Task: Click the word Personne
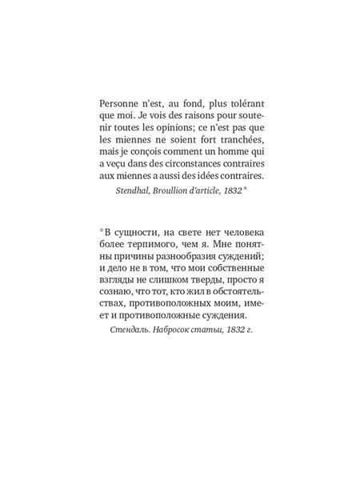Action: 118,103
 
